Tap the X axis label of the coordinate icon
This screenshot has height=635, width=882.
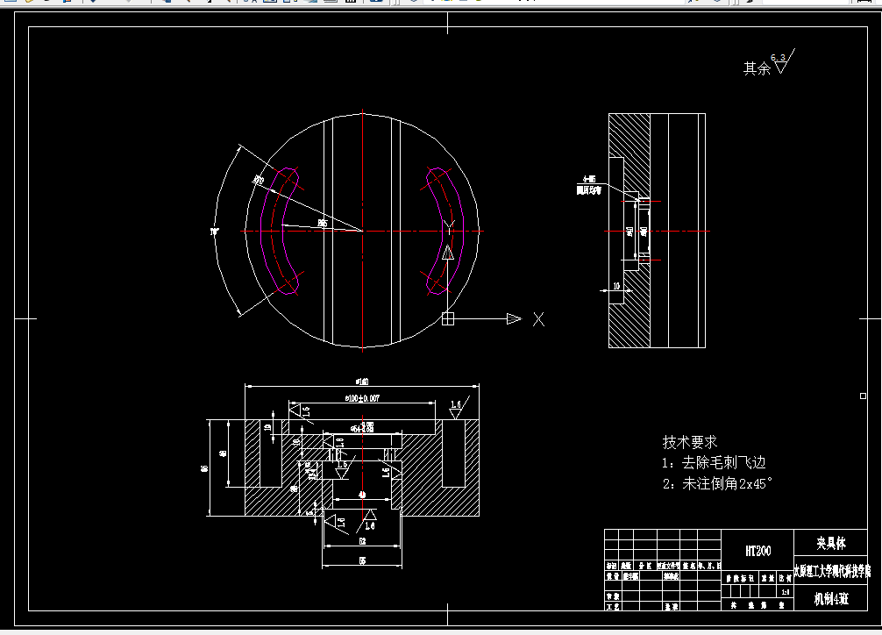[539, 319]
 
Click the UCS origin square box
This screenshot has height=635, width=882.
[448, 319]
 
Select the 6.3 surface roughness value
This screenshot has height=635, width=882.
[778, 57]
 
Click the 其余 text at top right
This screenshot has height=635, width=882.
[757, 68]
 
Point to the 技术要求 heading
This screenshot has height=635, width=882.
[690, 442]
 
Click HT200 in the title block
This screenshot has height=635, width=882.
[758, 551]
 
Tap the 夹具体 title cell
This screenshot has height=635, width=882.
[831, 543]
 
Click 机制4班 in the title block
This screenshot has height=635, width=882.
[831, 599]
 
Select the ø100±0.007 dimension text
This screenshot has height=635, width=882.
[363, 398]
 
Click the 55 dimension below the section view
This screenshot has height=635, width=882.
[362, 560]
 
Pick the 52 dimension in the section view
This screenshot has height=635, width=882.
[362, 542]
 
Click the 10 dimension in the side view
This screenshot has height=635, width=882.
[616, 286]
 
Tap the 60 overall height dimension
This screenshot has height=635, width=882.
[205, 468]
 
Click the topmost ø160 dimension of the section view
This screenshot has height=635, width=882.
[362, 381]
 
